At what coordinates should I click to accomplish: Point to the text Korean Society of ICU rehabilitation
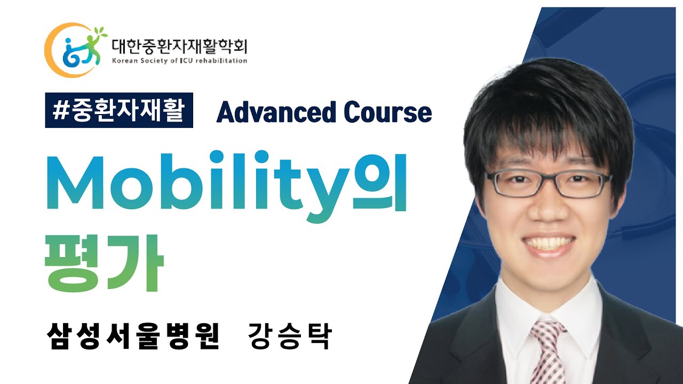(179, 61)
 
